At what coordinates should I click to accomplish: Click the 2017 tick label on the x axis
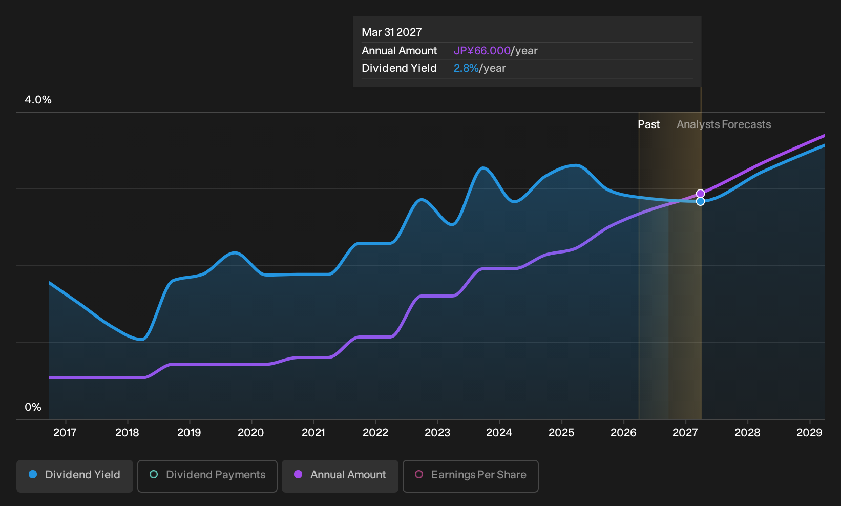(65, 432)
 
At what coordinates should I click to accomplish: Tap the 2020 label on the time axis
(251, 432)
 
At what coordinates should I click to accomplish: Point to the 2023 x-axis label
(437, 432)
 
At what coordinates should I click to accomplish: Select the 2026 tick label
(623, 432)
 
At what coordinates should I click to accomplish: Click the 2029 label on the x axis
(809, 432)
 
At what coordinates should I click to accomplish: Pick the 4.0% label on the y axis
(38, 100)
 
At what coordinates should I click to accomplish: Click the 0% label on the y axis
(33, 407)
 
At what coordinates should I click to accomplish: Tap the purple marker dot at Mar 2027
(700, 194)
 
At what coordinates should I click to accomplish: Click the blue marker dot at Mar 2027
(700, 202)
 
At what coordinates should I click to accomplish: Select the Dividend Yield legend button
(75, 476)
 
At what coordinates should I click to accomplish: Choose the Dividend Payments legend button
(207, 476)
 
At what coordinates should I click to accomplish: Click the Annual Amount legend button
(340, 476)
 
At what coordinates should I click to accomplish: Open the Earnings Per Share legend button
(470, 476)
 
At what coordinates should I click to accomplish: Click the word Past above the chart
(649, 124)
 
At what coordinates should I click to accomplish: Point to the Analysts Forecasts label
(724, 124)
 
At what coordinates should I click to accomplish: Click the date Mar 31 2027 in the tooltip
(392, 32)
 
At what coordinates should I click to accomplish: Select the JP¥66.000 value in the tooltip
(482, 51)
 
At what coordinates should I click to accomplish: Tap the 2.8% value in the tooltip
(466, 68)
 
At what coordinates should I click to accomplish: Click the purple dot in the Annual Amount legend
(298, 474)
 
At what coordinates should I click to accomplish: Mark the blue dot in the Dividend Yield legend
(33, 474)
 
